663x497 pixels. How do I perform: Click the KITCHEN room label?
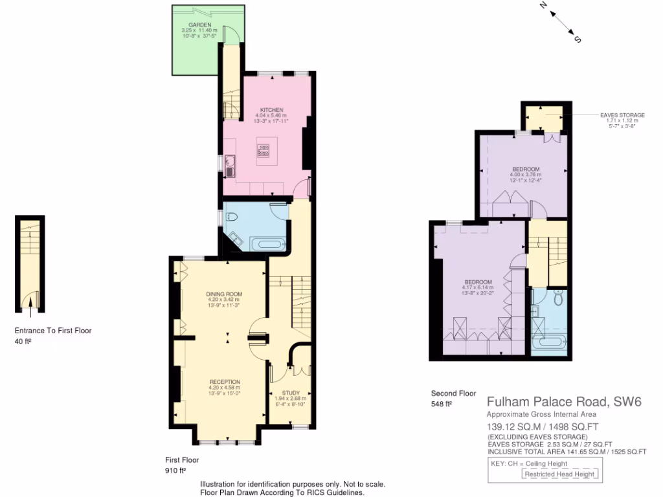[x=272, y=110]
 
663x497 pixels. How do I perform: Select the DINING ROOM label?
[x=224, y=294]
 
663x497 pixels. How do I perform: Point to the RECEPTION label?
[x=224, y=382]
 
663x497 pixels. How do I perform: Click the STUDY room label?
[x=289, y=393]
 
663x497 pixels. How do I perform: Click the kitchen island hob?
[x=264, y=151]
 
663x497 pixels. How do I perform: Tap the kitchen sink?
[x=230, y=167]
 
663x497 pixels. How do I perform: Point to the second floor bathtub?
[x=550, y=341]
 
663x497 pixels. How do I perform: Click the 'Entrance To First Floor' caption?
[x=53, y=331]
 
